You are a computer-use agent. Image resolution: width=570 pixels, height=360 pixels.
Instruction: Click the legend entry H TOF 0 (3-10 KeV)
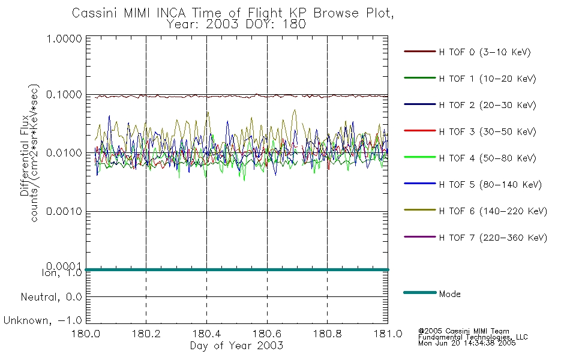485,52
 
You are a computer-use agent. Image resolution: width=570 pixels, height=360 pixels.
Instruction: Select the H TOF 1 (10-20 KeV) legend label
487,79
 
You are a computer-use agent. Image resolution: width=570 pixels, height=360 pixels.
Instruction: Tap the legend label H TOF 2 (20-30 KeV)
487,105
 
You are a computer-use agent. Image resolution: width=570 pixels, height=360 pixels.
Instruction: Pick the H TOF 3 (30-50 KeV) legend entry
487,131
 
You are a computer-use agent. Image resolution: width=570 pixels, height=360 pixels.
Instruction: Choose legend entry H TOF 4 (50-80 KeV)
487,158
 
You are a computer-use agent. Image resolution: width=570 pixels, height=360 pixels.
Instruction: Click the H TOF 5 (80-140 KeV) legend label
490,185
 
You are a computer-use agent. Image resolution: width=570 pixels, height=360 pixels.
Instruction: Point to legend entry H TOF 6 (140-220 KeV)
493,211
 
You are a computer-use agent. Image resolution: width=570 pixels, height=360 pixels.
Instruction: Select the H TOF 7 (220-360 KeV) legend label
493,238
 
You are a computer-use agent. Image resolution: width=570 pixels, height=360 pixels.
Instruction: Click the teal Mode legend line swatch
420,292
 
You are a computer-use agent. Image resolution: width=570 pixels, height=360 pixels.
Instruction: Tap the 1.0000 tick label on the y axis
64,38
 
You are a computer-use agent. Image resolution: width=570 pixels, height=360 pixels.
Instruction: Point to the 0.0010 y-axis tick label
64,211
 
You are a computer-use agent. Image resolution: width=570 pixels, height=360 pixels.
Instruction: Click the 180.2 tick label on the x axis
146,334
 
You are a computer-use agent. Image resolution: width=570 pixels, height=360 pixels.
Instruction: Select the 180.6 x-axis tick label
267,334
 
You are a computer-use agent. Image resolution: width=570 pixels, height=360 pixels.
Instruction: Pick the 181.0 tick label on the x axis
388,334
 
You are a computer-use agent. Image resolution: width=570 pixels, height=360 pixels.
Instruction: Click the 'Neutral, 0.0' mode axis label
51,298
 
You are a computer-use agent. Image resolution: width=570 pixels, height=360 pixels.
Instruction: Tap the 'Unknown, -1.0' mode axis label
43,321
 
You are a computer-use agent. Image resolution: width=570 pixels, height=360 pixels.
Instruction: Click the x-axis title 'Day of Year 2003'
236,346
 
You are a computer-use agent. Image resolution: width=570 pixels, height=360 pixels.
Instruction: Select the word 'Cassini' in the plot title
94,13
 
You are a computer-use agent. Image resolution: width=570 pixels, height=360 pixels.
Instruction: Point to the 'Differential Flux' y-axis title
25,155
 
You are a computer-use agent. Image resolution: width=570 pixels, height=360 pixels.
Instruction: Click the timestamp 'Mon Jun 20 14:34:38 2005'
467,343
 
